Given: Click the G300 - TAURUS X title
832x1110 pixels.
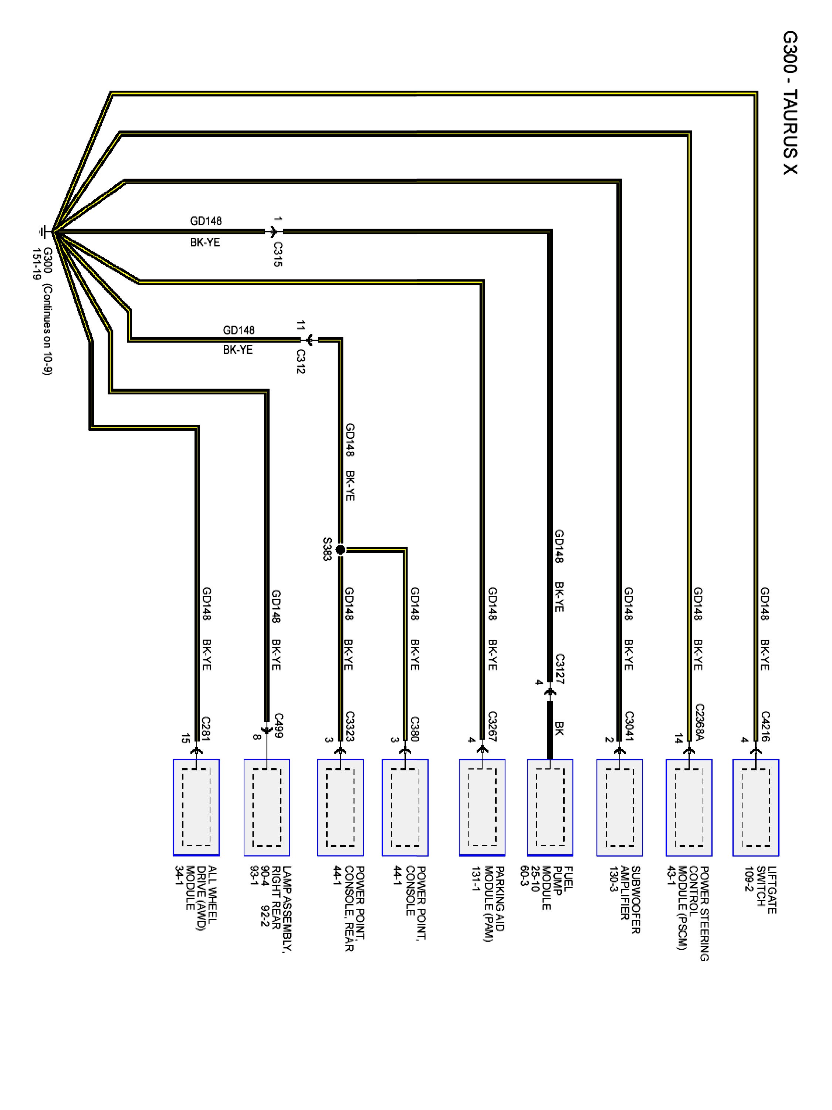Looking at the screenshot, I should [789, 103].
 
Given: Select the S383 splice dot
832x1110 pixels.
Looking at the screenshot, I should [340, 550].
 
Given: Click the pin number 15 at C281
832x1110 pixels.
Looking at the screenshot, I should [185, 738].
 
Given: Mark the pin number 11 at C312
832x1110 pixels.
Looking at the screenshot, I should [300, 325].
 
